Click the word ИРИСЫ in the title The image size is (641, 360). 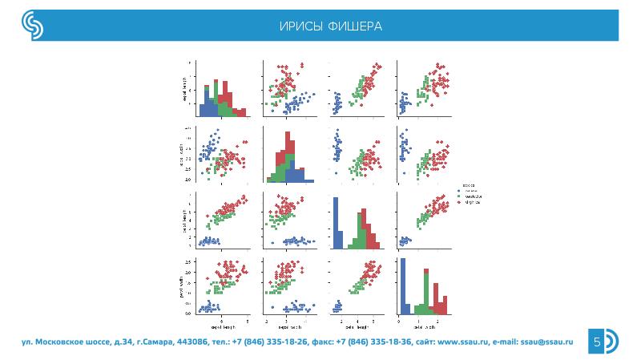pos(300,26)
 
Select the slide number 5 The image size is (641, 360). pos(597,342)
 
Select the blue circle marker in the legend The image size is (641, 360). pos(458,191)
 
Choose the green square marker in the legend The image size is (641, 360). pos(458,196)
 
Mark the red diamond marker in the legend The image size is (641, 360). pos(458,202)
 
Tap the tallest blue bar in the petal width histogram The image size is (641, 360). pos(403,285)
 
